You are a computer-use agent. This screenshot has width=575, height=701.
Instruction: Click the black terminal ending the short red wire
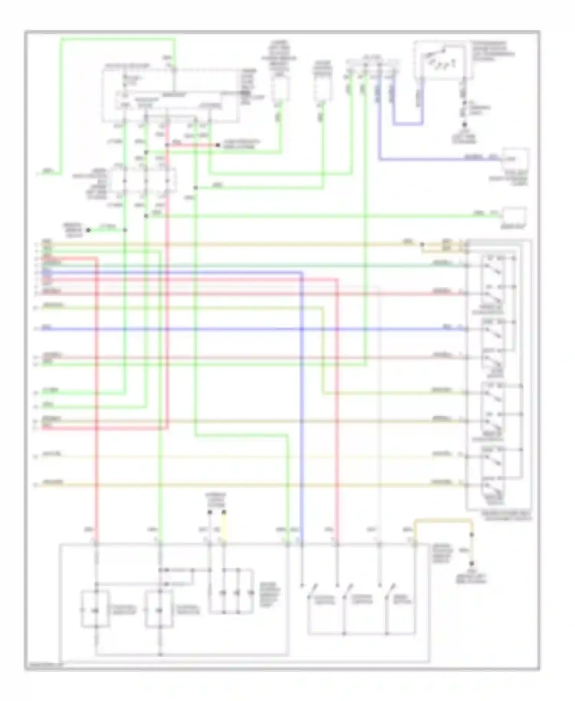click(217, 145)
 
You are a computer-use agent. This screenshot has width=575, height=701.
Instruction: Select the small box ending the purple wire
click(515, 158)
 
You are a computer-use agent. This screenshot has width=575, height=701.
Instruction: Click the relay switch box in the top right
click(441, 61)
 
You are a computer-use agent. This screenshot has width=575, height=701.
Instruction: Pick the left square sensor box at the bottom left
click(95, 609)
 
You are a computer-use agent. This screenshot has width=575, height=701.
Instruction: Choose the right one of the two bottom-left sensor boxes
click(159, 609)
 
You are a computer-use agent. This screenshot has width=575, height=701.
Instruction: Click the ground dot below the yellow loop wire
click(472, 563)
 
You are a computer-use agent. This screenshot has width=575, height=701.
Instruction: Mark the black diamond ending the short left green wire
click(88, 230)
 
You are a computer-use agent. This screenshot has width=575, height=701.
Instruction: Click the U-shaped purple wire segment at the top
click(407, 123)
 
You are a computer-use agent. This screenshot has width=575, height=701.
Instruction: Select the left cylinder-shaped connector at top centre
click(281, 88)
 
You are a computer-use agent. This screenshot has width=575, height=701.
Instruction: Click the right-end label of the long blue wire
click(447, 327)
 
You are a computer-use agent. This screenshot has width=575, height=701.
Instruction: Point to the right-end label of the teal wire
click(440, 263)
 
